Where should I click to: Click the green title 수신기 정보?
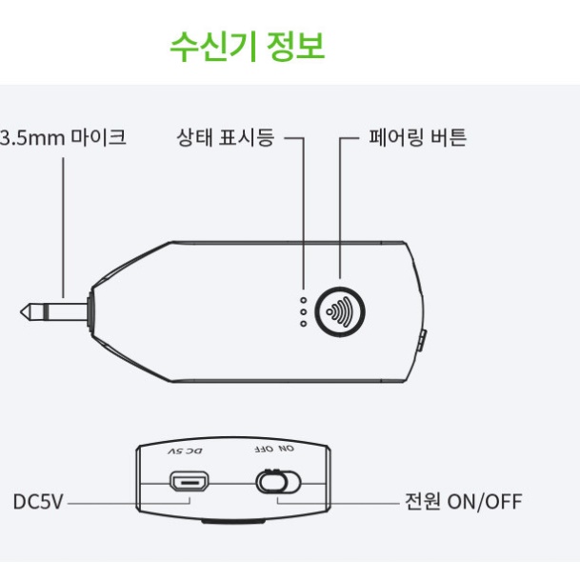pyautogui.click(x=247, y=47)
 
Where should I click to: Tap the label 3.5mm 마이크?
pyautogui.click(x=63, y=137)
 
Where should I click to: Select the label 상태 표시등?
pyautogui.click(x=226, y=137)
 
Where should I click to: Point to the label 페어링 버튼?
pyautogui.click(x=417, y=137)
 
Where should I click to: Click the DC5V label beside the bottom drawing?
pyautogui.click(x=38, y=502)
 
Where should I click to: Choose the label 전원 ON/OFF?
pyautogui.click(x=464, y=502)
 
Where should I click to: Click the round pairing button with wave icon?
pyautogui.click(x=340, y=311)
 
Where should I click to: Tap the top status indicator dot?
pyautogui.click(x=304, y=300)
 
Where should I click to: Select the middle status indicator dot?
pyautogui.click(x=304, y=311)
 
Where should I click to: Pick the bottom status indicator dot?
pyautogui.click(x=304, y=324)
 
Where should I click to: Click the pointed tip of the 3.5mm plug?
pyautogui.click(x=21, y=311)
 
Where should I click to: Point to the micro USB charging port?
pyautogui.click(x=189, y=482)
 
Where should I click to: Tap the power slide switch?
pyautogui.click(x=278, y=482)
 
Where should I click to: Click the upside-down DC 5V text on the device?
pyautogui.click(x=185, y=451)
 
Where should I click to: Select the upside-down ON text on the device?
pyautogui.click(x=287, y=449)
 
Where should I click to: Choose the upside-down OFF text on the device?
pyautogui.click(x=264, y=450)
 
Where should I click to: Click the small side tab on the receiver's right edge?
pyautogui.click(x=423, y=341)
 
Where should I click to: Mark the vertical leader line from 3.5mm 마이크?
pyautogui.click(x=63, y=228)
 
